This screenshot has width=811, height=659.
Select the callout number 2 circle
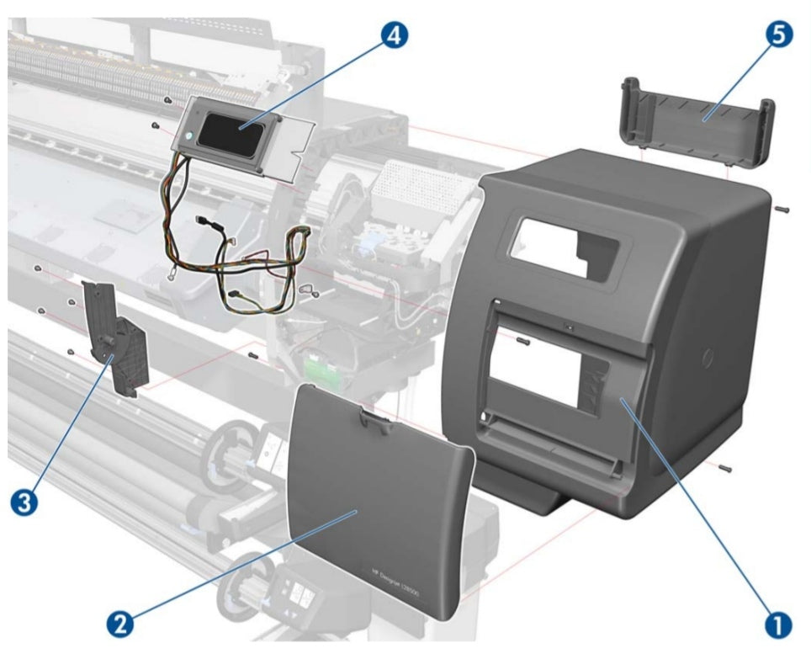[119, 624]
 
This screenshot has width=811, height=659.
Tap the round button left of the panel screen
[187, 135]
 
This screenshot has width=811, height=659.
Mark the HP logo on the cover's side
[705, 357]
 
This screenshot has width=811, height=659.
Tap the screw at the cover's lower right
[726, 469]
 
